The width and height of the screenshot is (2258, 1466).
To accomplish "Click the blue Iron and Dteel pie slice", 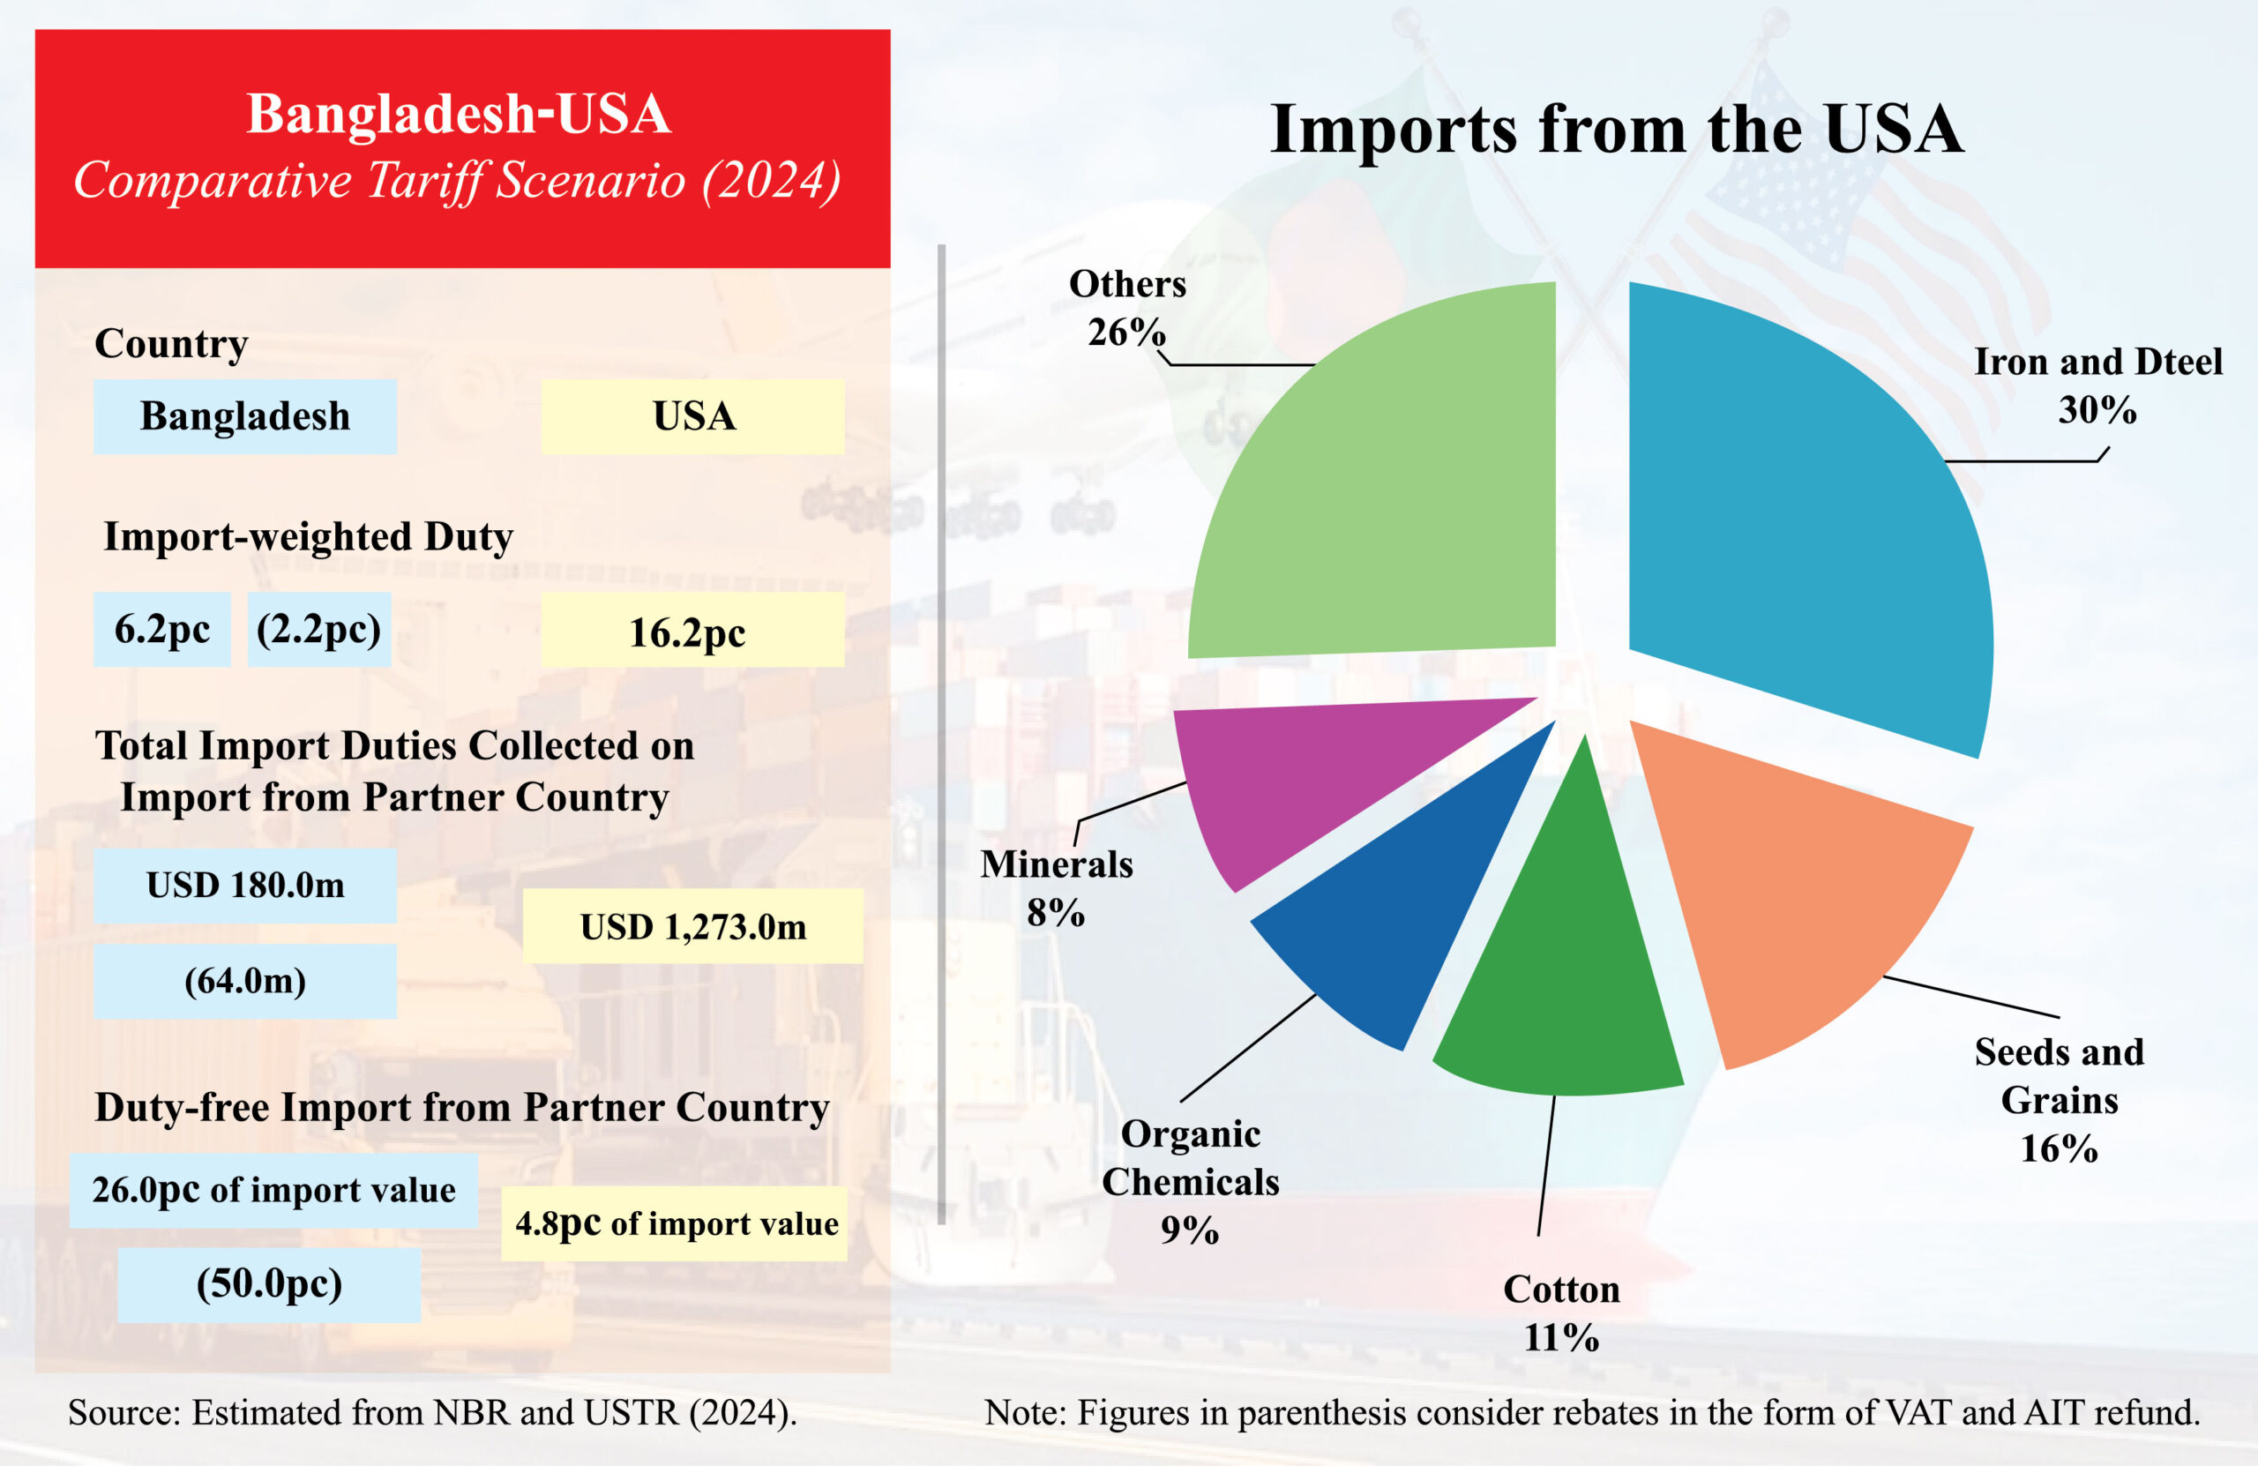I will pos(1803,531).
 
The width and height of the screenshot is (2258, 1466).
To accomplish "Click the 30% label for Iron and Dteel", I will pos(2097,410).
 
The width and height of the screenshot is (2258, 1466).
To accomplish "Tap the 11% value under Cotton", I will pos(1560,1338).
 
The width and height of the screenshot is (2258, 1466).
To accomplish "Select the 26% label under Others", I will pos(1126,333).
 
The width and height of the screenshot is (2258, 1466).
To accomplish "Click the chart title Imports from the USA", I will pos(1617,128).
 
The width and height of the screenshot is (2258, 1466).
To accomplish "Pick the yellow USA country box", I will pos(692,416).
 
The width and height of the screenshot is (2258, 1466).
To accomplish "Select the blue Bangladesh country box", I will pos(245,416).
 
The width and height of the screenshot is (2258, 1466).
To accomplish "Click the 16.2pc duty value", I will pos(692,631).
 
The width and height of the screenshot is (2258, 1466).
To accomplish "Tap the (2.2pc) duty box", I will pos(318,629).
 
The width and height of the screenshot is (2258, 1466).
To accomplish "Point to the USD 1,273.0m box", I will pos(692,926).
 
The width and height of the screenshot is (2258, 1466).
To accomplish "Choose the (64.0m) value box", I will pos(245,981).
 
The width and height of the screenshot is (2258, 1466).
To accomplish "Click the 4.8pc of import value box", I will pos(675,1224).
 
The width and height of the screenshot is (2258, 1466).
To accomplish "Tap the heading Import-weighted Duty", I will pos(309,537).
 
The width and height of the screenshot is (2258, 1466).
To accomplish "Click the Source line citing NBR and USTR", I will pos(431,1413).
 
